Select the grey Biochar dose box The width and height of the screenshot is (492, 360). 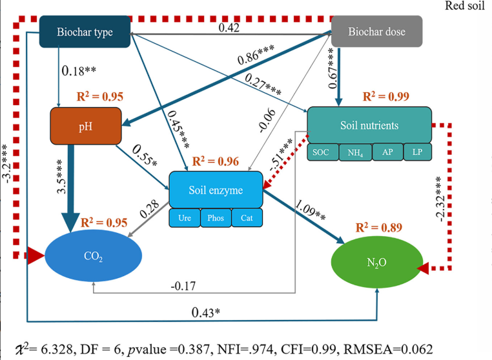[x=377, y=32]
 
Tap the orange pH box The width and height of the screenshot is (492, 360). [x=86, y=126]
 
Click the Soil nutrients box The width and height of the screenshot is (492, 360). [x=369, y=125]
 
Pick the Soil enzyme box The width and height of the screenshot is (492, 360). [x=216, y=190]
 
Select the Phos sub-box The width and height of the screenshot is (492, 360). [x=215, y=218]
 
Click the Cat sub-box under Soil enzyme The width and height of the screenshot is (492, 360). [x=246, y=218]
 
